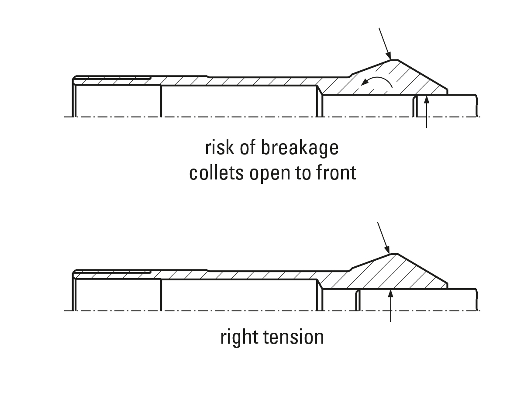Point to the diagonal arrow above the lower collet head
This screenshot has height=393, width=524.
(383, 238)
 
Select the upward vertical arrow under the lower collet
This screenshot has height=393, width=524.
(390, 305)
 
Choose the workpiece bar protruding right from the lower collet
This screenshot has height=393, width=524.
(437, 299)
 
